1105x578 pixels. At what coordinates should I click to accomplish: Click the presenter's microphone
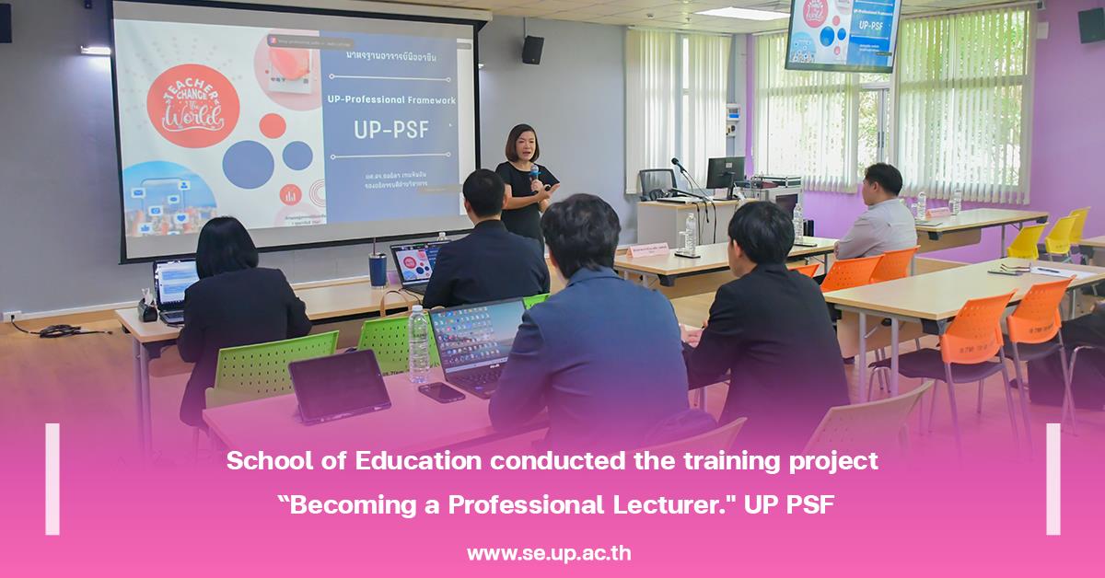[x=534, y=174]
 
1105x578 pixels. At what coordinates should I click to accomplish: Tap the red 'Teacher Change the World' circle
[x=193, y=105]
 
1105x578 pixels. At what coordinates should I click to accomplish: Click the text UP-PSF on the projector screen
[x=391, y=130]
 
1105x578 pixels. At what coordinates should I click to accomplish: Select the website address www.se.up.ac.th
[x=549, y=553]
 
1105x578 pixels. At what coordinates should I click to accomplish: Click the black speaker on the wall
[x=532, y=50]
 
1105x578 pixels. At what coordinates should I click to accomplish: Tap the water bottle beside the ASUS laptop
[x=419, y=343]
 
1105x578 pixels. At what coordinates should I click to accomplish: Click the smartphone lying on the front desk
[x=441, y=392]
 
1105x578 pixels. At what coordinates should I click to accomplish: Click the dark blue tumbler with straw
[x=378, y=269]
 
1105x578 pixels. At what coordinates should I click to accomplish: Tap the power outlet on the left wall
[x=12, y=316]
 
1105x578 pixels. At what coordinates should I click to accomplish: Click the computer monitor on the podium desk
[x=725, y=175]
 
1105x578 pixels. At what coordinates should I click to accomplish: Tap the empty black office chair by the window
[x=656, y=184]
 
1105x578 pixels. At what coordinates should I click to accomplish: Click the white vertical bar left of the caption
[x=52, y=479]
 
